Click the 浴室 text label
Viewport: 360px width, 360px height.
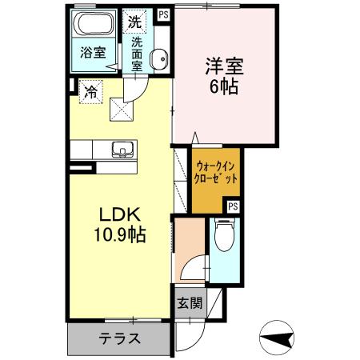pyautogui.click(x=93, y=54)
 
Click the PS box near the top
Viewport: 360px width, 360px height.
pyautogui.click(x=163, y=14)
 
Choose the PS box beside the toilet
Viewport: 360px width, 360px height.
pyautogui.click(x=233, y=206)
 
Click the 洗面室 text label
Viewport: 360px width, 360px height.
pyautogui.click(x=137, y=54)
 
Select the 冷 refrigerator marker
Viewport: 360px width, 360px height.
pyautogui.click(x=92, y=92)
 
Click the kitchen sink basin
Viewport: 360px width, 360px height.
pyautogui.click(x=122, y=148)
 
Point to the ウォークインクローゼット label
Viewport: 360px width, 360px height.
pyautogui.click(x=216, y=173)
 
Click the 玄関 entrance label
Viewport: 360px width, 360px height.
pyautogui.click(x=190, y=303)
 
